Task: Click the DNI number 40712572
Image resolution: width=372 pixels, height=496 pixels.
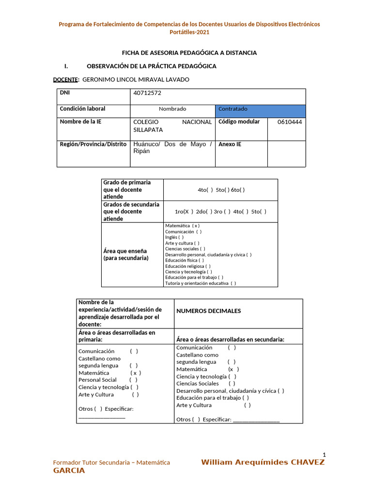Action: click(148, 93)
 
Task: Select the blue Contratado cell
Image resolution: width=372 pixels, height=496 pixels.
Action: click(260, 109)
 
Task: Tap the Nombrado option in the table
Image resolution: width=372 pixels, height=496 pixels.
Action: click(172, 109)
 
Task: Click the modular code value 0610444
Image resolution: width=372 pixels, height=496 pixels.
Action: click(289, 122)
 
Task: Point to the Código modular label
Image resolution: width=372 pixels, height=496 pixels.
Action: click(239, 122)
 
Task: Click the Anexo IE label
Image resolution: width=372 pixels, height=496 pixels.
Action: click(230, 144)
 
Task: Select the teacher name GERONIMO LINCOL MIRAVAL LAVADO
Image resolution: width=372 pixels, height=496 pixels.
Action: click(136, 79)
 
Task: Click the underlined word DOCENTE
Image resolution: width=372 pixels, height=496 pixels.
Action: click(65, 79)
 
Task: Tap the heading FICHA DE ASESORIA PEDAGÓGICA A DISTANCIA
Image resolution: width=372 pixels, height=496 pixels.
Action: click(189, 53)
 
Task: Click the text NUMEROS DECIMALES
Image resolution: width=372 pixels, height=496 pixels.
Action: click(209, 311)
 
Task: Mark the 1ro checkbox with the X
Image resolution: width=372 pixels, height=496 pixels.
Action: click(186, 212)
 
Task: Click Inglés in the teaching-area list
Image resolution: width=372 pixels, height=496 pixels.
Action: click(174, 237)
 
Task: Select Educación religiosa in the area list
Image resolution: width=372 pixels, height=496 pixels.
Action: click(187, 266)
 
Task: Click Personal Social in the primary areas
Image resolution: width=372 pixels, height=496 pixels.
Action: click(98, 380)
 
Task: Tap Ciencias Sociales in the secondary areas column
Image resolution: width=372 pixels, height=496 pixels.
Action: click(198, 384)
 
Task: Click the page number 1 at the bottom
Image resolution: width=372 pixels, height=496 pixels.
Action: click(324, 454)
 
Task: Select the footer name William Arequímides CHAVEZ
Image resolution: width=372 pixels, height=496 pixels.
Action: click(263, 462)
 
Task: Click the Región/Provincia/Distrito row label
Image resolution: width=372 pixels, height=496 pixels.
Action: click(93, 144)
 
